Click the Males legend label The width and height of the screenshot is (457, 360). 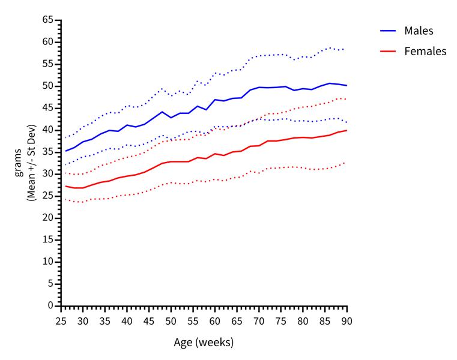click(419, 31)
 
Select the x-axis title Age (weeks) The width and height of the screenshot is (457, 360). click(204, 343)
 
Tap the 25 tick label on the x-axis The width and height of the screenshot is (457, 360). click(61, 321)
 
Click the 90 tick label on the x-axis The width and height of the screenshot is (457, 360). click(347, 321)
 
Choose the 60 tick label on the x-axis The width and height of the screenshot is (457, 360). click(214, 321)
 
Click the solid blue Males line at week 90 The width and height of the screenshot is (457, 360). click(347, 86)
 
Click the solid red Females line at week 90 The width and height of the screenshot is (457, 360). click(347, 130)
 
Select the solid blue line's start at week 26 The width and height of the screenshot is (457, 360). click(65, 151)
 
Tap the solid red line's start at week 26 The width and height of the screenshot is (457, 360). click(65, 186)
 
